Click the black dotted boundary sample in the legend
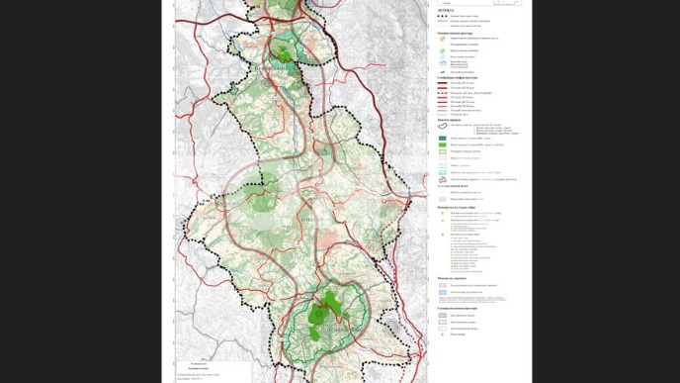(442, 16)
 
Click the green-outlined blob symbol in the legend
(442, 125)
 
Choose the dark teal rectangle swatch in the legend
(442, 138)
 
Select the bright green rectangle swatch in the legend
(442, 145)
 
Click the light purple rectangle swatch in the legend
(442, 199)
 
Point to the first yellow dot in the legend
(442, 214)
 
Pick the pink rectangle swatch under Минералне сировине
(442, 285)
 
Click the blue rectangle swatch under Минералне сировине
(442, 293)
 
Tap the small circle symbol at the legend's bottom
(442, 335)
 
